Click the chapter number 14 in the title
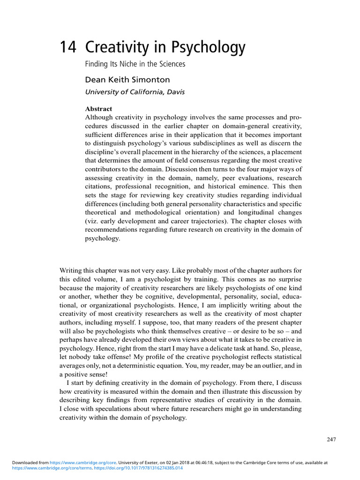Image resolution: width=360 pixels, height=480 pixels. pyautogui.click(x=68, y=47)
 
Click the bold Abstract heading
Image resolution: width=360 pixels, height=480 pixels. pyautogui.click(x=98, y=109)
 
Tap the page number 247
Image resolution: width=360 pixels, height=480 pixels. pyautogui.click(x=331, y=439)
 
